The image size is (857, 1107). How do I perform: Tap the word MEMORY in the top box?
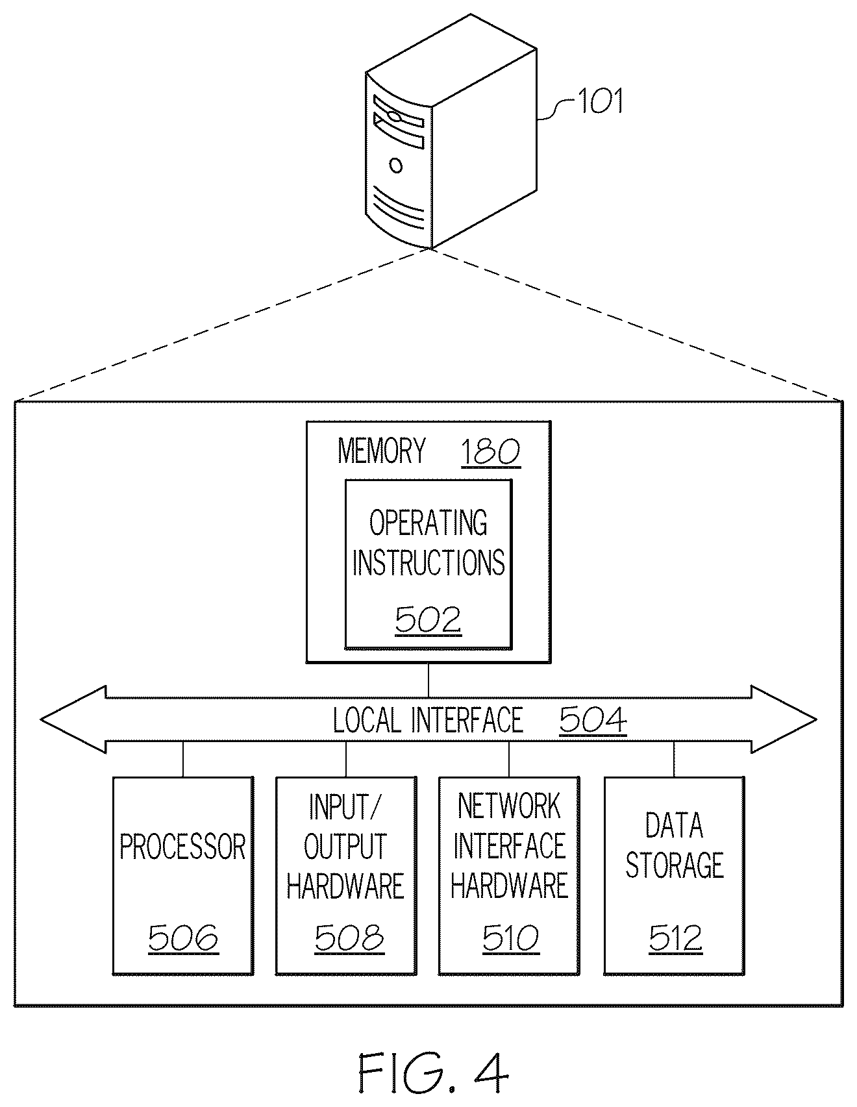(x=382, y=451)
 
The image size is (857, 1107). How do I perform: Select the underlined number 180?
(x=490, y=453)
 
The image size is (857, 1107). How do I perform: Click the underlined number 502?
(x=428, y=619)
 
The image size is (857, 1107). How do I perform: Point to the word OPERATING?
(x=429, y=523)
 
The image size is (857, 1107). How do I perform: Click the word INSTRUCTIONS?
(x=429, y=562)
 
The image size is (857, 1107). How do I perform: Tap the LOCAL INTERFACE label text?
(x=428, y=720)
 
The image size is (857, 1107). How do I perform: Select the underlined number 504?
(x=593, y=721)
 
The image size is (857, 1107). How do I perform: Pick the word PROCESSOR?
(x=183, y=847)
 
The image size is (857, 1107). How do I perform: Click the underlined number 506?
(x=183, y=938)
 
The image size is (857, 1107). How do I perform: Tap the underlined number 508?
(x=349, y=938)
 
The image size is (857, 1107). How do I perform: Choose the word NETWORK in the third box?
(x=509, y=806)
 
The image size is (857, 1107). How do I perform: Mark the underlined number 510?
(x=510, y=938)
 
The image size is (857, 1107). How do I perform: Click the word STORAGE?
(x=675, y=865)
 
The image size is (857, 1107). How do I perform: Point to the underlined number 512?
(x=675, y=938)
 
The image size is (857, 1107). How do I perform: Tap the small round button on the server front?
(x=395, y=165)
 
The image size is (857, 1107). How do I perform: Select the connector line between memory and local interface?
(x=429, y=680)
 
